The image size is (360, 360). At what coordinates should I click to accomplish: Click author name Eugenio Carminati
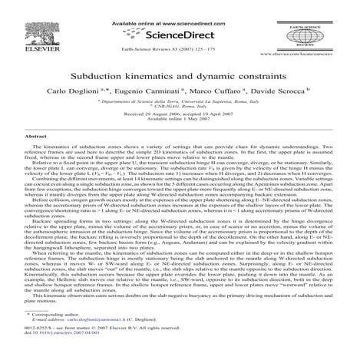(142, 93)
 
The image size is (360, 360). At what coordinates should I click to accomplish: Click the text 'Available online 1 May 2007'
(179, 122)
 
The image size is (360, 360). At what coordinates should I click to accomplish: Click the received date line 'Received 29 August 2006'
(179, 116)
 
